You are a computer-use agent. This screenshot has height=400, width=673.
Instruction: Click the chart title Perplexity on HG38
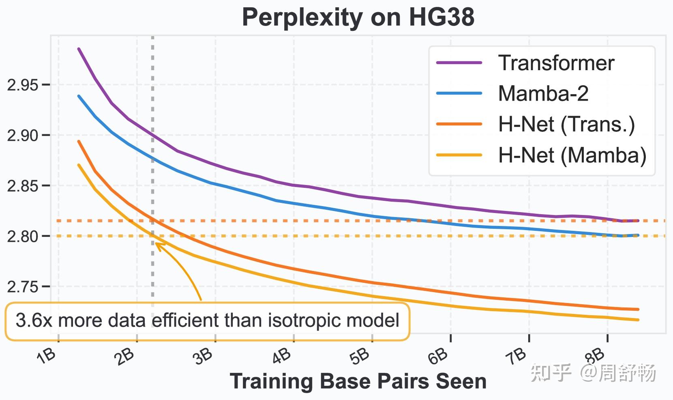pyautogui.click(x=358, y=17)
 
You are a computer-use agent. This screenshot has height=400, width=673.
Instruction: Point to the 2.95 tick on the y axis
pyautogui.click(x=23, y=85)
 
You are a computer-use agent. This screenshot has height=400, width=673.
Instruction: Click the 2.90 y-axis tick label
pyautogui.click(x=23, y=135)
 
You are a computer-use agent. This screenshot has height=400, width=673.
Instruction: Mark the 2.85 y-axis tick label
pyautogui.click(x=23, y=186)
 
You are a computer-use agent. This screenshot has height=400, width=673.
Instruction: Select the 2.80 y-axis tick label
pyautogui.click(x=23, y=236)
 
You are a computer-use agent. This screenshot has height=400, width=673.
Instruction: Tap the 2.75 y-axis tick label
pyautogui.click(x=23, y=286)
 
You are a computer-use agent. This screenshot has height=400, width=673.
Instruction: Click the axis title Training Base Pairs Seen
pyautogui.click(x=358, y=381)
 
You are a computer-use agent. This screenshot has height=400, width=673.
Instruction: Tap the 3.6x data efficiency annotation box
pyautogui.click(x=207, y=320)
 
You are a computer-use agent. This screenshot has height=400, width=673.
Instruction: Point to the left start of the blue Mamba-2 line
pyautogui.click(x=79, y=96)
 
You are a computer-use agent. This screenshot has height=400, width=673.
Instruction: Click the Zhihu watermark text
pyautogui.click(x=593, y=372)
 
